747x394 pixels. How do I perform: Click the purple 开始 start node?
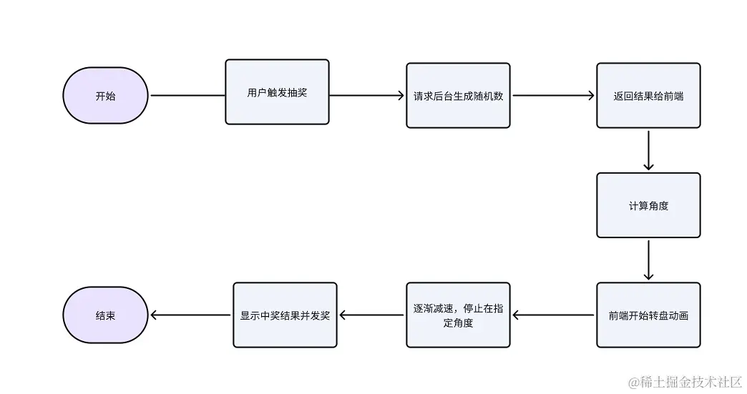click(105, 96)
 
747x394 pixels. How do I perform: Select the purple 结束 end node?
click(105, 315)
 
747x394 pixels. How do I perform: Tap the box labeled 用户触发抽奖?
click(277, 92)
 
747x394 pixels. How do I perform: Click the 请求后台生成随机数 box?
click(458, 96)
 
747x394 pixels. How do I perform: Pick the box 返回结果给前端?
click(648, 96)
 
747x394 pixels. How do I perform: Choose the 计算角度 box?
click(648, 205)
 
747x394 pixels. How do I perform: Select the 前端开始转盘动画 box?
click(648, 315)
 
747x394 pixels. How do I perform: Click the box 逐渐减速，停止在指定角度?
click(458, 315)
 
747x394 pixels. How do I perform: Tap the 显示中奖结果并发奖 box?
click(285, 315)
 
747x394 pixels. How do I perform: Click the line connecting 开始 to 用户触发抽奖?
click(187, 96)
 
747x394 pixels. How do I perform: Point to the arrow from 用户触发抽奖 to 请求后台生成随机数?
click(367, 96)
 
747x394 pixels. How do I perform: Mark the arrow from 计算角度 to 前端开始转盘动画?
click(648, 260)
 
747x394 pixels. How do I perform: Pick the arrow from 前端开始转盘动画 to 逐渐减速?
click(554, 315)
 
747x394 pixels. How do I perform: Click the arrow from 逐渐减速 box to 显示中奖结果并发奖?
click(371, 315)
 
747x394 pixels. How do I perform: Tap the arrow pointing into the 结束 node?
click(191, 315)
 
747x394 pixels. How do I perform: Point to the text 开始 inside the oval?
click(105, 96)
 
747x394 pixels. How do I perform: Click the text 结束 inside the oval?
click(105, 315)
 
